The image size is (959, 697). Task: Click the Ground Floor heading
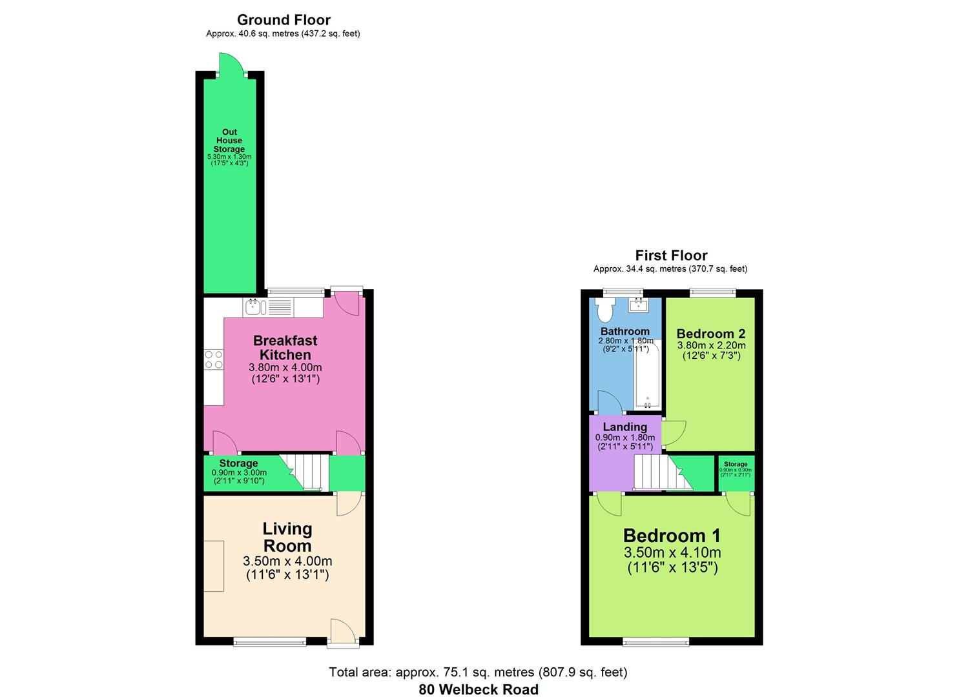(x=284, y=20)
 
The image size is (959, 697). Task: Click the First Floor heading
(x=671, y=256)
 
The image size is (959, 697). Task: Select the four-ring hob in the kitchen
(x=214, y=359)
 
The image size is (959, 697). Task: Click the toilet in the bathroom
(x=606, y=310)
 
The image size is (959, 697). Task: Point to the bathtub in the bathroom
(x=646, y=375)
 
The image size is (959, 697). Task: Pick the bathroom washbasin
(x=639, y=305)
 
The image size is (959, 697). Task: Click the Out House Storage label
(x=229, y=141)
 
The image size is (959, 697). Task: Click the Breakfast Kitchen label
(x=285, y=347)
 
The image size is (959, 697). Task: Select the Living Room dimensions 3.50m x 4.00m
(x=287, y=561)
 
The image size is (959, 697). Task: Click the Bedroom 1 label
(x=672, y=536)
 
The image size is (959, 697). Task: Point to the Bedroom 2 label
(x=710, y=334)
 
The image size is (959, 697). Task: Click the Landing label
(x=624, y=427)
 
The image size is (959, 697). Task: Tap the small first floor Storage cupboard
(x=736, y=473)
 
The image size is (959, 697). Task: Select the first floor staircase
(x=655, y=472)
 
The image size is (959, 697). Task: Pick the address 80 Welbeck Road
(x=479, y=689)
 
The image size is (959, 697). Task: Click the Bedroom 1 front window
(x=655, y=641)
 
